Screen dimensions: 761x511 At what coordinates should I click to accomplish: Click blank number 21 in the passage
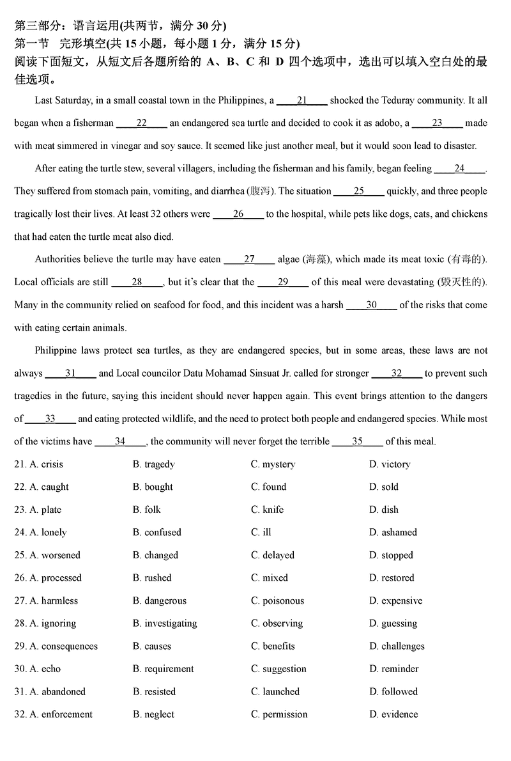point(302,100)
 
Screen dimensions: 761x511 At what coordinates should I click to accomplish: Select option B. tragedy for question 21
point(153,464)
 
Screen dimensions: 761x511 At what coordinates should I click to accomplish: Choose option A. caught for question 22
point(49,487)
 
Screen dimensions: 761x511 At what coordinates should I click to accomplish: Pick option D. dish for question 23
point(383,510)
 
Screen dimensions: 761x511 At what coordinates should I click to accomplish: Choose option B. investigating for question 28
point(165,623)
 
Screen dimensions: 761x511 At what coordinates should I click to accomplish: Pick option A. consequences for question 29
point(63,646)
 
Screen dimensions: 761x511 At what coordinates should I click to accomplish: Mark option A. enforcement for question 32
point(61,714)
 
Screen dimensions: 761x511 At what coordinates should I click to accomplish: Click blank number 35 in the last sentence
point(357,441)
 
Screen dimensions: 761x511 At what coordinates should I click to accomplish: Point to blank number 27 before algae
point(249,259)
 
